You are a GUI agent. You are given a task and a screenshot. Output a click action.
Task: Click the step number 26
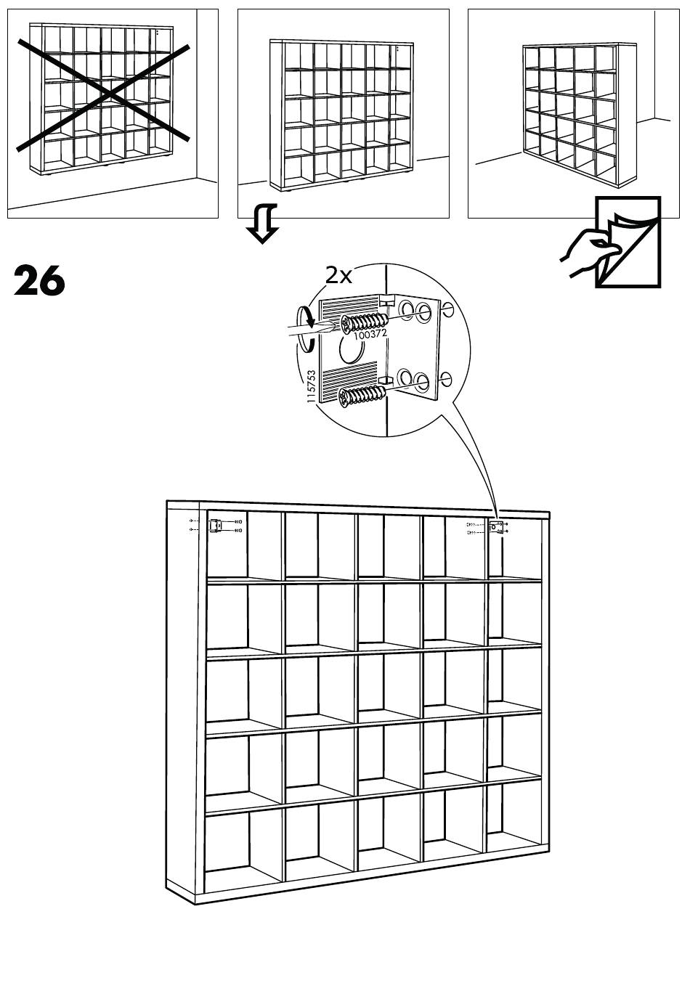39,280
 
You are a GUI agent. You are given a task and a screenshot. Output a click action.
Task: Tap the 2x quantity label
338,275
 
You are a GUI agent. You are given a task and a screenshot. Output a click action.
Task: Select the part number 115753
312,386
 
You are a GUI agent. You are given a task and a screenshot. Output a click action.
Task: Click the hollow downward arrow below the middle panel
262,223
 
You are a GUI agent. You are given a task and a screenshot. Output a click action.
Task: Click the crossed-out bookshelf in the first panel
102,97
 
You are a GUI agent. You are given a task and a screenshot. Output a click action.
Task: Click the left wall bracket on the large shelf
215,526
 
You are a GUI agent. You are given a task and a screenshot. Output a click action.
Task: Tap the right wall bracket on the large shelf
496,528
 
